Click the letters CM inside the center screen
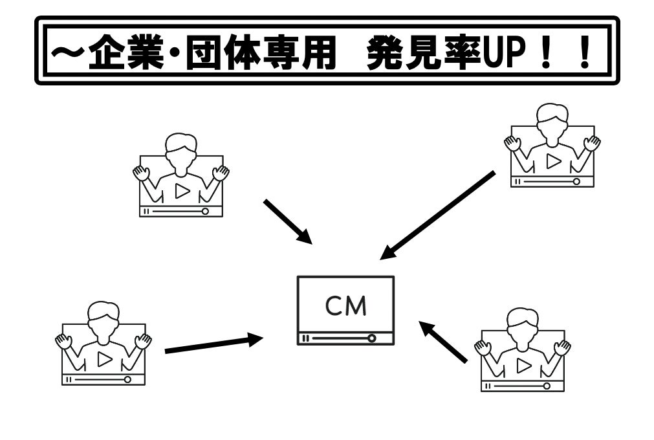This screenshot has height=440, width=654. [345, 305]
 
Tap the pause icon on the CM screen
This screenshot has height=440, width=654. [305, 338]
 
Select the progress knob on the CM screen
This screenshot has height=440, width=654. [371, 338]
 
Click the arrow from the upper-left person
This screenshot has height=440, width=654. [287, 222]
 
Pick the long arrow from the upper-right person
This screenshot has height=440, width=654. [438, 215]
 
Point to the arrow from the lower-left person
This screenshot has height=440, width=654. [213, 344]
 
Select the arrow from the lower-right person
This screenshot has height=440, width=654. [443, 342]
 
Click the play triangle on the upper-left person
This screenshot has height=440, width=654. [182, 192]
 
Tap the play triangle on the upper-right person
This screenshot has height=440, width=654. [553, 162]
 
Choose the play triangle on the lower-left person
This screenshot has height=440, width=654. [104, 360]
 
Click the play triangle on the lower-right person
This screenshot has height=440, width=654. [523, 366]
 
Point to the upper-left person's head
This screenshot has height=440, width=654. [181, 148]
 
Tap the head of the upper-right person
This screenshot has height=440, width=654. [552, 119]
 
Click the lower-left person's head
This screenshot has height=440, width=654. [104, 316]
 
